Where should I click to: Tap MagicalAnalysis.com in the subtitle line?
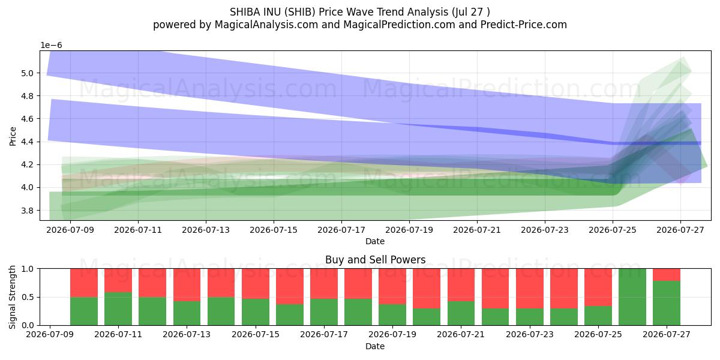click(266, 25)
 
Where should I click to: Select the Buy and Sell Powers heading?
click(375, 260)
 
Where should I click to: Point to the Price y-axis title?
click(13, 136)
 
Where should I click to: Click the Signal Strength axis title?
click(12, 297)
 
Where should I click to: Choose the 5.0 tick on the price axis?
click(27, 73)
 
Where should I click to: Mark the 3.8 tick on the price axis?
click(27, 211)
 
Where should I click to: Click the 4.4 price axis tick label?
click(27, 142)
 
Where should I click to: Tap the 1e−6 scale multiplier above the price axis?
click(51, 46)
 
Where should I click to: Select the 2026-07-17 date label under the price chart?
click(341, 230)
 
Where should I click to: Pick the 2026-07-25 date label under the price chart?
click(613, 230)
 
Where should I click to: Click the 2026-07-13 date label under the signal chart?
click(187, 334)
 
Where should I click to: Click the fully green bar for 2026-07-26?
click(632, 297)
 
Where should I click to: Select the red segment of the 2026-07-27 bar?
click(667, 275)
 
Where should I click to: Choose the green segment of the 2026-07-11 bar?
click(118, 308)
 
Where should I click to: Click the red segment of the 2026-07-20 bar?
click(427, 289)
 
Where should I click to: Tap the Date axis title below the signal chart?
click(375, 346)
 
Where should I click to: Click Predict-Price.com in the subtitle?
click(524, 25)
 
